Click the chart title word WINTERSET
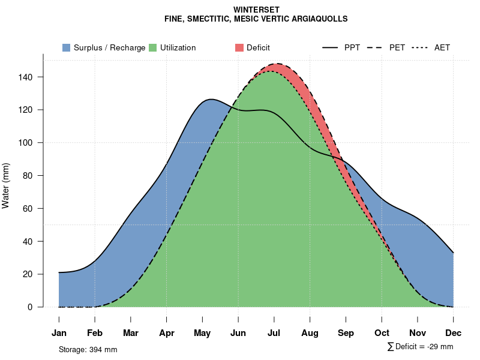257,10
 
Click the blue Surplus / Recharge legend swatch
67,47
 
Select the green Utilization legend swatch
153,47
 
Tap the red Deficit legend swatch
239,47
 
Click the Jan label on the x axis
59,333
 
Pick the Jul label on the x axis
274,333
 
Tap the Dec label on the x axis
454,333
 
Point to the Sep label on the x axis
346,333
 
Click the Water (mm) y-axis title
6,186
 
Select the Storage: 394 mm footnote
88,349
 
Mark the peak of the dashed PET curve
276,64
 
